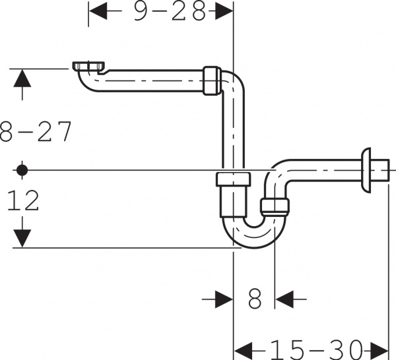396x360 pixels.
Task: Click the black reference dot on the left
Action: [22, 170]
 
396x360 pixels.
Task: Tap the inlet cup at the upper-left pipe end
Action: [88, 67]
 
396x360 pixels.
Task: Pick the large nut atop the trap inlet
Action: [234, 179]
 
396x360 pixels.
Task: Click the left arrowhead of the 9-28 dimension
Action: [97, 11]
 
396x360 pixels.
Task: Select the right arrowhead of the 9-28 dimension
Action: [225, 11]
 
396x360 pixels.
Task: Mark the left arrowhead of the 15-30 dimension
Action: [244, 347]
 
